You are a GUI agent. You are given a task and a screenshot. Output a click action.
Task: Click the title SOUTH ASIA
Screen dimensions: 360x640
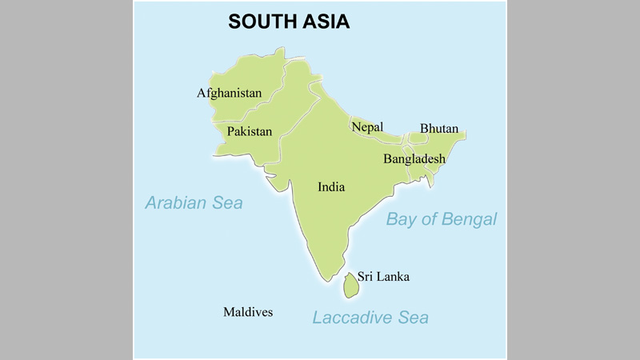[x=289, y=22]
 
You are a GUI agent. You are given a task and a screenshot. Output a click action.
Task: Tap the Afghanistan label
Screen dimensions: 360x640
[x=230, y=94]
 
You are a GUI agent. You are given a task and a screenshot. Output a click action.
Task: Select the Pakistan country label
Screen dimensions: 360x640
[x=249, y=131]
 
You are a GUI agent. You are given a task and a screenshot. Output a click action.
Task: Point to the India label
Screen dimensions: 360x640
[x=331, y=187]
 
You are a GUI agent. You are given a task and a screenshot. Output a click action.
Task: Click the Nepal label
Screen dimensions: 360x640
[x=367, y=127]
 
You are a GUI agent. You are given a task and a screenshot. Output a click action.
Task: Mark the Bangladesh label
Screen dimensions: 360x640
[x=414, y=159]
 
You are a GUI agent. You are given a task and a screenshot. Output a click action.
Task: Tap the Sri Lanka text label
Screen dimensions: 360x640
[x=383, y=277]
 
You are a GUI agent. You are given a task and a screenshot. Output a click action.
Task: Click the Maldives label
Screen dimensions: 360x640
[x=248, y=312]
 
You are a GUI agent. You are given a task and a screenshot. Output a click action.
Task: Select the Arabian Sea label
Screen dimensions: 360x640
[x=194, y=203]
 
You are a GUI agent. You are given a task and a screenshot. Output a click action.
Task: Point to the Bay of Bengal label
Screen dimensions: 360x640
[x=442, y=219]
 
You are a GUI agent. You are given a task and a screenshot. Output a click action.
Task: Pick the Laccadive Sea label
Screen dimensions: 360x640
[x=370, y=318]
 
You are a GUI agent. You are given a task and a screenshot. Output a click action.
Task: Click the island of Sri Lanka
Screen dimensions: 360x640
[x=350, y=284]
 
